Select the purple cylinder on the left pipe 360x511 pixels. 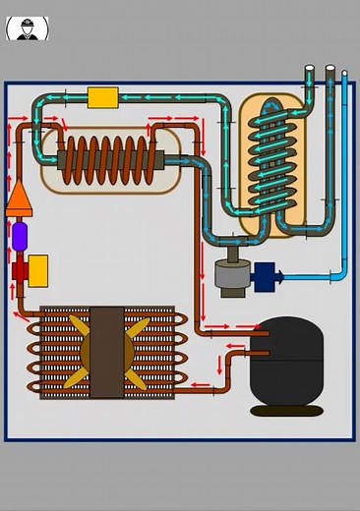(20, 236)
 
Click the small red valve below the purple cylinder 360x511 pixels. (20, 270)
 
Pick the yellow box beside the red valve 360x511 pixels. (38, 270)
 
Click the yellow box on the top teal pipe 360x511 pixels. (102, 97)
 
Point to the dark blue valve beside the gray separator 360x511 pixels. (266, 276)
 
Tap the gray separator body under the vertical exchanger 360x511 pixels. (233, 275)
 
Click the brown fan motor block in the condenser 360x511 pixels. (106, 351)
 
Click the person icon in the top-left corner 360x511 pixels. (27, 28)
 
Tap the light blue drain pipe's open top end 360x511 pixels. (343, 72)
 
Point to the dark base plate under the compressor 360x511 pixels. (286, 410)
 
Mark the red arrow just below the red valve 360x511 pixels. (18, 293)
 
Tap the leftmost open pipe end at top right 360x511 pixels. (310, 70)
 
